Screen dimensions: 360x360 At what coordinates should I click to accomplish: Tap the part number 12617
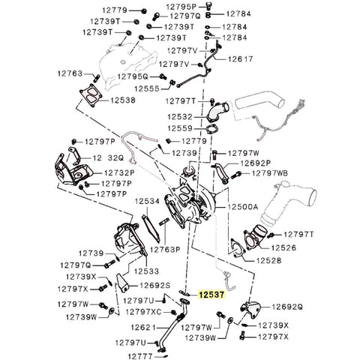pos(241,58)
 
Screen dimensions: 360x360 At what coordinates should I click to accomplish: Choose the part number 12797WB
pos(270,173)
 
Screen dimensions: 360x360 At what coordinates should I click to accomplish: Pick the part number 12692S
pos(155,285)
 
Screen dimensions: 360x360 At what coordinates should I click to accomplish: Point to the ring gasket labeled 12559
pos(212,134)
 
